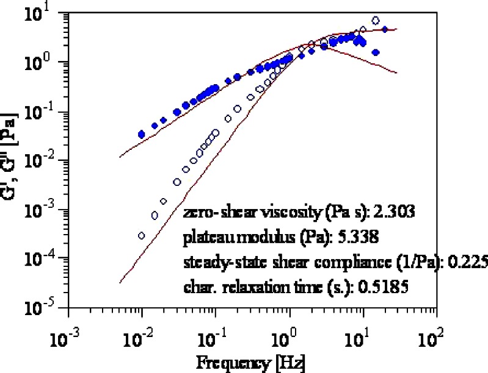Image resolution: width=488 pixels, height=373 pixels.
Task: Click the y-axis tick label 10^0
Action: [x=49, y=62]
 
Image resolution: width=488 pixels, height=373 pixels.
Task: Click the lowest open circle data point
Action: [x=142, y=235]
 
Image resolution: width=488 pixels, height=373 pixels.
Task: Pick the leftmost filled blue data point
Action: [x=142, y=134]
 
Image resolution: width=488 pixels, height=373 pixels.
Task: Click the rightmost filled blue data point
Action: [x=385, y=29]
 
